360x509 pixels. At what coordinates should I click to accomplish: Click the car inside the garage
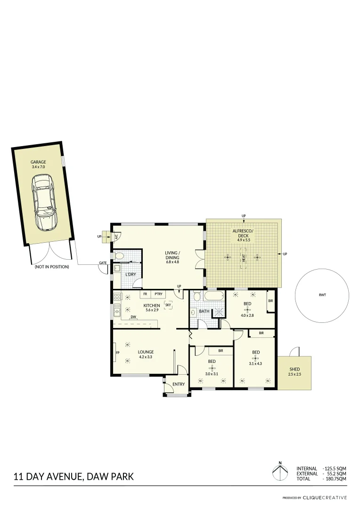[x=43, y=203]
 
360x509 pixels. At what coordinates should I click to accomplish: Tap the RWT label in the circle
[x=322, y=295]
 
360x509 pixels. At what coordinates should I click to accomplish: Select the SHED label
[x=294, y=369]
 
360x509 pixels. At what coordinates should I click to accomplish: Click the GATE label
[x=102, y=263]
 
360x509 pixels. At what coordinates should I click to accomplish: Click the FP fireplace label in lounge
[x=117, y=353]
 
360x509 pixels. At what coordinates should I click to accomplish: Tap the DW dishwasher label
[x=134, y=317]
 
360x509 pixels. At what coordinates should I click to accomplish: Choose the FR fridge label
[x=145, y=294]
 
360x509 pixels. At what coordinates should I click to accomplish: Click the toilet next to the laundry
[x=120, y=256]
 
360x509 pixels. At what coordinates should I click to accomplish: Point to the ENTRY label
[x=179, y=385]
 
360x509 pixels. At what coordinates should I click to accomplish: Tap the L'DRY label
[x=131, y=274]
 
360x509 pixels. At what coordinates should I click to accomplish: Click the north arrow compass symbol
[x=280, y=472]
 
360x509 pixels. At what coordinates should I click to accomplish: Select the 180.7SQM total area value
[x=335, y=479]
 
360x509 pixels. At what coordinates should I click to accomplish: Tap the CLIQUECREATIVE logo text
[x=325, y=498]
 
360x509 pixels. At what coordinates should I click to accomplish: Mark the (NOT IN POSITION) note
[x=52, y=267]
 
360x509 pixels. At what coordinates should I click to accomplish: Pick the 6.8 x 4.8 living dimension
[x=172, y=262]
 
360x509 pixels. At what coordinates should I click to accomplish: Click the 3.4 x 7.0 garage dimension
[x=38, y=166]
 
